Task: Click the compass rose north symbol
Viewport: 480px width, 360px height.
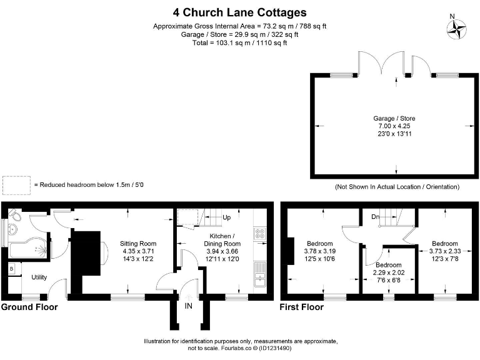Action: [456, 29]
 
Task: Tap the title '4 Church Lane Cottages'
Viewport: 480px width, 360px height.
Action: [240, 12]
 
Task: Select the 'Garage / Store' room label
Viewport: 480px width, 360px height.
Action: [394, 119]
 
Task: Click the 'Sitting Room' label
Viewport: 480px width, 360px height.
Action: [138, 244]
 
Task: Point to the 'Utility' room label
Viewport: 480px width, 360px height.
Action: [39, 277]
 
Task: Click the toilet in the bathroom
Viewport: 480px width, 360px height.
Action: [14, 215]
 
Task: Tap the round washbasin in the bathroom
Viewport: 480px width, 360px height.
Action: [12, 228]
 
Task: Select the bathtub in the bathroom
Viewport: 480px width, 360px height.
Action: [28, 247]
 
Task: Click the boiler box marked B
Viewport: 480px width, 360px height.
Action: [12, 269]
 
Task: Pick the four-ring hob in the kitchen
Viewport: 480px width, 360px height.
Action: [260, 234]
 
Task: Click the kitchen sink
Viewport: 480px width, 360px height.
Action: [260, 274]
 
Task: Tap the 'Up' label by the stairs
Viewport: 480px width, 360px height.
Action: [226, 217]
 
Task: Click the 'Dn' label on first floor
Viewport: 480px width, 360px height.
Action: [375, 217]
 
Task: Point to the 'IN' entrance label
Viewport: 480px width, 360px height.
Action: [189, 306]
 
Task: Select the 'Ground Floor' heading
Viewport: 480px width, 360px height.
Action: [29, 307]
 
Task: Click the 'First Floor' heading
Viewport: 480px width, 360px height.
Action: [301, 307]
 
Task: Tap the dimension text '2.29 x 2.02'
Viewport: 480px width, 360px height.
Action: [389, 272]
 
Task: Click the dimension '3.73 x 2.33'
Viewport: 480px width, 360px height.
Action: [445, 251]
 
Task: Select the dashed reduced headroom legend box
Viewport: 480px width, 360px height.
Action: [16, 186]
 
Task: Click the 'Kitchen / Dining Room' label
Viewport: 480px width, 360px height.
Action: [222, 240]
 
